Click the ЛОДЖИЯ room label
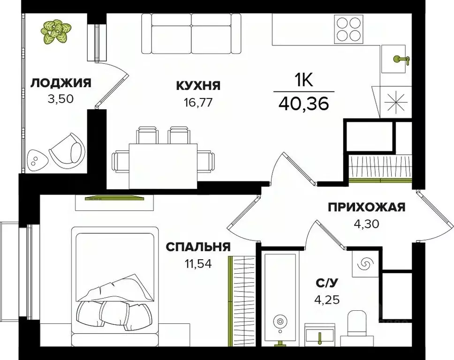tap(61, 83)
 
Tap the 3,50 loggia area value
tap(60, 99)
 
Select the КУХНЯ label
tap(198, 85)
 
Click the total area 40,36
tap(303, 103)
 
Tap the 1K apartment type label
tap(303, 81)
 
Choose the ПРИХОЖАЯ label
tap(366, 208)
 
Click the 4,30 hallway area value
tap(366, 224)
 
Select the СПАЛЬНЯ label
tap(197, 247)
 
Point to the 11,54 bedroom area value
tap(197, 263)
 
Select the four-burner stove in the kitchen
tap(349, 29)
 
